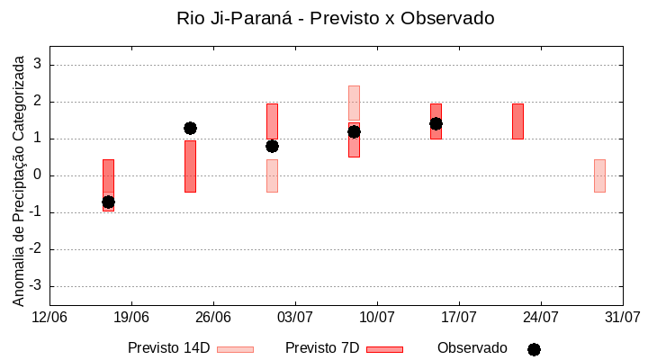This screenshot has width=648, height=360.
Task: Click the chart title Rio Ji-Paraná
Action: point(336,18)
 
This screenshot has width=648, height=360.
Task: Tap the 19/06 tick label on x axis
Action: point(131,317)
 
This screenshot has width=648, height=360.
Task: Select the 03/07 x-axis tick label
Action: point(295,317)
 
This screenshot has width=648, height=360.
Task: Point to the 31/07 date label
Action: point(622,317)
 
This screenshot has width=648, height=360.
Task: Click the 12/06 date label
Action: point(49,317)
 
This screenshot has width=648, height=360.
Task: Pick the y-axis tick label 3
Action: point(38,65)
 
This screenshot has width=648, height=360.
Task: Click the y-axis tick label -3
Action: point(35,286)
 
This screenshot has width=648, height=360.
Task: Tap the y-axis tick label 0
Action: point(38,175)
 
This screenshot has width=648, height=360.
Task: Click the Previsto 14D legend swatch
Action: point(235,349)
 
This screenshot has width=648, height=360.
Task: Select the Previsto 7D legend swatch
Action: point(384,349)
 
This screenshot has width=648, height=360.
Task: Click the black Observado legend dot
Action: point(534,349)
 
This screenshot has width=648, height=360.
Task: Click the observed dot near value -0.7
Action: point(108,202)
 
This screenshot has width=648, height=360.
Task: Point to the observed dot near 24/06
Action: point(190,128)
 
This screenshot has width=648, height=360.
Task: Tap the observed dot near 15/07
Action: point(436,123)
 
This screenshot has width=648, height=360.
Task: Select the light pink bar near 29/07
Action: point(599,175)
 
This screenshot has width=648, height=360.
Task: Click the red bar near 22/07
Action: point(517,121)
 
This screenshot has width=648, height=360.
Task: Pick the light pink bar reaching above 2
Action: point(354,103)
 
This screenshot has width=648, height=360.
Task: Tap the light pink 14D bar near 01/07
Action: point(272,176)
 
